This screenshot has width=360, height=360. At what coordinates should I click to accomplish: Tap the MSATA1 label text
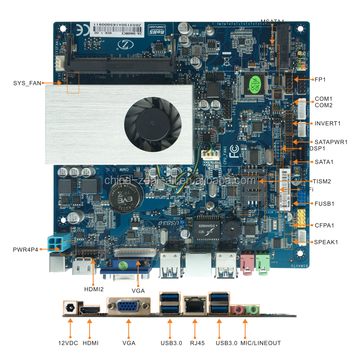[275, 21]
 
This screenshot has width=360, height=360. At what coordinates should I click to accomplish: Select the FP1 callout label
[320, 80]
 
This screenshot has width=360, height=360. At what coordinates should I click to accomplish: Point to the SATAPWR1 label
[331, 142]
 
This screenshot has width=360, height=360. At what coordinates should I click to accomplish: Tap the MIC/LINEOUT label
[261, 343]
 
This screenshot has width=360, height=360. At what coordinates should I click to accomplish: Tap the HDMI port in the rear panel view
[90, 310]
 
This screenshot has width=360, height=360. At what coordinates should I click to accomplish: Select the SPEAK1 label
[325, 242]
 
